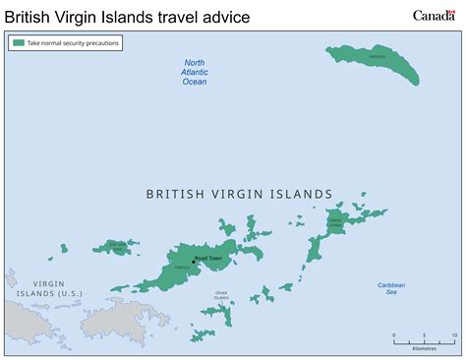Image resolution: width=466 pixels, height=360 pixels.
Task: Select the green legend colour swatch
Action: [x=19, y=43]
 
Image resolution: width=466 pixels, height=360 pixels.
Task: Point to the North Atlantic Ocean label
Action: [x=195, y=73]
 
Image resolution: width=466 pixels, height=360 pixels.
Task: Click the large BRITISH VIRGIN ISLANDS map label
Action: [x=239, y=195]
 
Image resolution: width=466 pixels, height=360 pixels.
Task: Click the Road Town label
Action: [x=208, y=259]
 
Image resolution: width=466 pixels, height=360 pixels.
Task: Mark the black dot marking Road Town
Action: [x=194, y=262]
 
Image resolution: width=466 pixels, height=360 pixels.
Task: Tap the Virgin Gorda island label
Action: [x=335, y=224]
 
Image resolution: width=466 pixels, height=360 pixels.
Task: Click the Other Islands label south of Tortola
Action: [x=222, y=294]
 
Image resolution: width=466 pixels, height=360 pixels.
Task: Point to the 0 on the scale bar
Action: [x=394, y=334]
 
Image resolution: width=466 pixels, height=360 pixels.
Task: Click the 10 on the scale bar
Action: [x=453, y=334]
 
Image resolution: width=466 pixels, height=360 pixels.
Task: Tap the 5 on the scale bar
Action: [x=424, y=334]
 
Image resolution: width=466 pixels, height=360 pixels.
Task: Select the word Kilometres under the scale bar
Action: [x=424, y=347]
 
